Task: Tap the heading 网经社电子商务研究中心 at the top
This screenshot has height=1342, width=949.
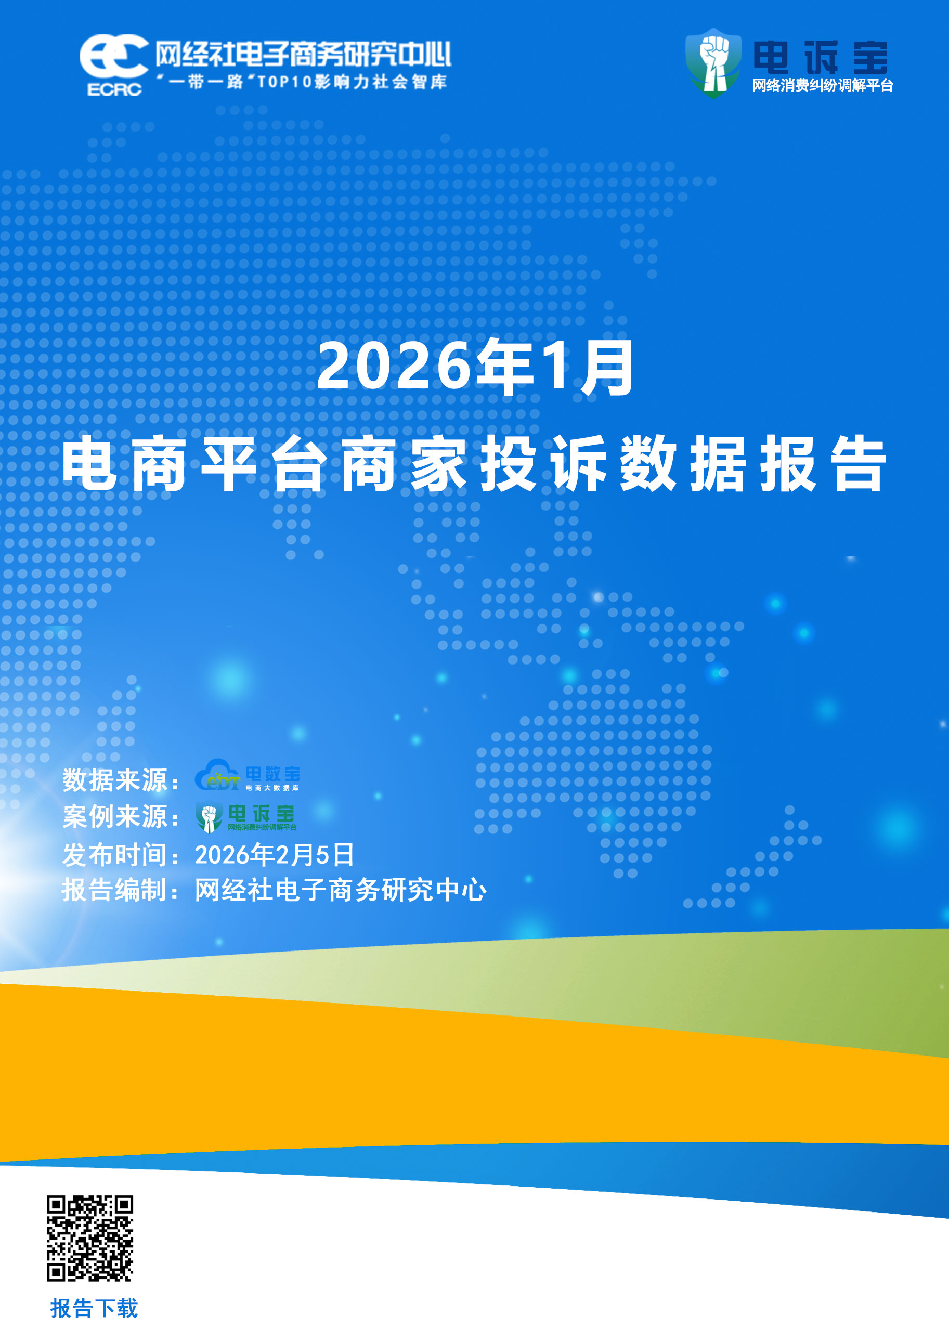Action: pyautogui.click(x=303, y=55)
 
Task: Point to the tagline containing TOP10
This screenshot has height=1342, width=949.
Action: pyautogui.click(x=302, y=82)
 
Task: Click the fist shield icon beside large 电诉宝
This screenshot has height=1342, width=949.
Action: pyautogui.click(x=713, y=63)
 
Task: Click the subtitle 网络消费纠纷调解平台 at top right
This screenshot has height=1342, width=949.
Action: pyautogui.click(x=822, y=86)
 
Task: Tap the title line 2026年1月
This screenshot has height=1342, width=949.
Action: pyautogui.click(x=475, y=367)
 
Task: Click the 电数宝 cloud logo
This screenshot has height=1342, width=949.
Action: pyautogui.click(x=248, y=776)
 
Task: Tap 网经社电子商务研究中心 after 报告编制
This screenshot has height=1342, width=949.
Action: pyautogui.click(x=340, y=891)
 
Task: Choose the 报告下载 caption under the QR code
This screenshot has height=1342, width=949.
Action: pyautogui.click(x=94, y=1308)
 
